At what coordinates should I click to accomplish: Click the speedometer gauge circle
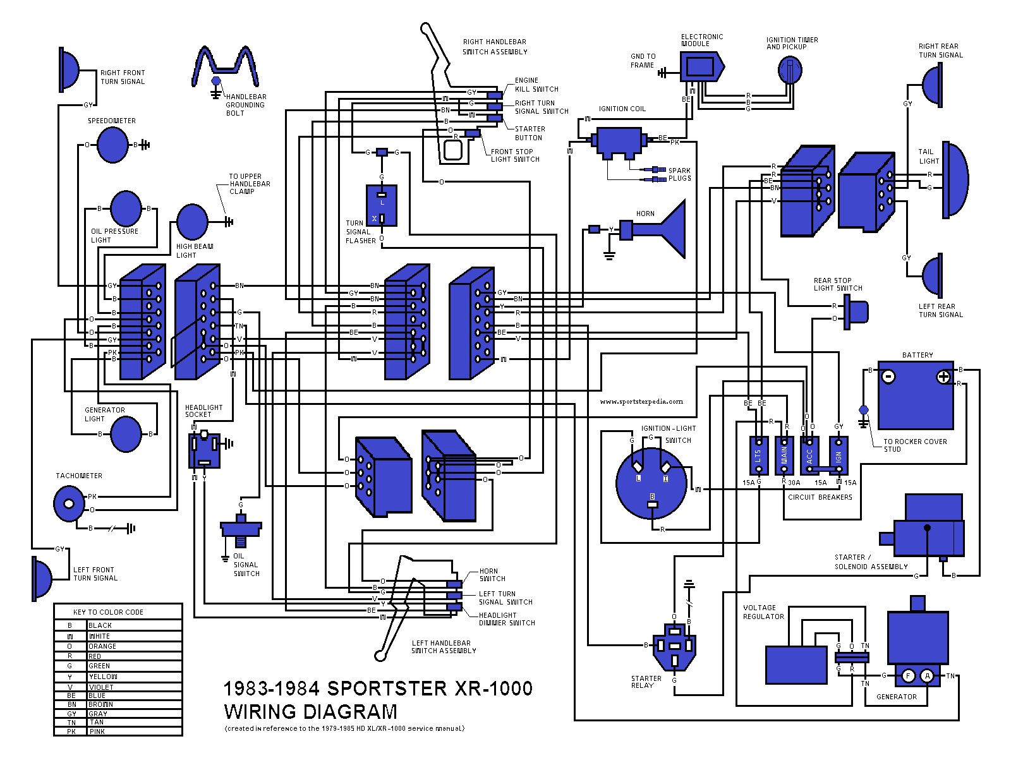tap(113, 145)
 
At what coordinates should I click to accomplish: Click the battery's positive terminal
tap(943, 377)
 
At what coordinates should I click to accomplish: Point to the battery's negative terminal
tap(888, 377)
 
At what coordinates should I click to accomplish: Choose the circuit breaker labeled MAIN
tap(784, 455)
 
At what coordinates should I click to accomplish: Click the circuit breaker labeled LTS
tap(758, 455)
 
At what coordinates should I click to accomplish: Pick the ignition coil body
tap(619, 141)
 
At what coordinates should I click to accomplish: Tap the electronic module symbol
tap(701, 66)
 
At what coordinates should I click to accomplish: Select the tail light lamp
tap(954, 179)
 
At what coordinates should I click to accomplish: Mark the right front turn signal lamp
tap(70, 69)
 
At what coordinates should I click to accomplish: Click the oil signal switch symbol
tap(240, 528)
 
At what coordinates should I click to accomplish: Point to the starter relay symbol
tap(674, 646)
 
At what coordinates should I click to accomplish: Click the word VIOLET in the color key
tap(101, 687)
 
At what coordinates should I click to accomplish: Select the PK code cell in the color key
tap(71, 731)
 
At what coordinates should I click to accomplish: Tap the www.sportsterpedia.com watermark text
tap(641, 401)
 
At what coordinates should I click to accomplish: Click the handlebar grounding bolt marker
tap(215, 81)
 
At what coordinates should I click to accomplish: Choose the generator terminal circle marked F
tap(908, 676)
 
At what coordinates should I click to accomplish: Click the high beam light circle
tap(192, 222)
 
